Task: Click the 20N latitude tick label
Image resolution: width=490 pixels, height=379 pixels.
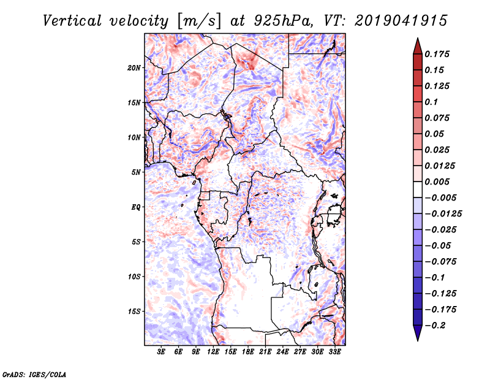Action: [x=134, y=67]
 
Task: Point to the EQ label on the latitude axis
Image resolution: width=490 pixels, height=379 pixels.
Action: [x=136, y=207]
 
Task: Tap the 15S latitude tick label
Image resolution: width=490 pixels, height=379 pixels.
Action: [x=134, y=312]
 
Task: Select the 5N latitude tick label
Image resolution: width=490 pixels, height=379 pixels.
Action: [x=136, y=172]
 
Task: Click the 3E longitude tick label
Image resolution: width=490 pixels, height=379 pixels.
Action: [x=161, y=352]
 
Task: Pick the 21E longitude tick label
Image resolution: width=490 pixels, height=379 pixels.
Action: [x=265, y=352]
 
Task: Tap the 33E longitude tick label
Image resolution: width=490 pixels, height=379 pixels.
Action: [x=334, y=352]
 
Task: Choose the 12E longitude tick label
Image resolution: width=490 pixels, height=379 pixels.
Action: [x=213, y=352]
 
